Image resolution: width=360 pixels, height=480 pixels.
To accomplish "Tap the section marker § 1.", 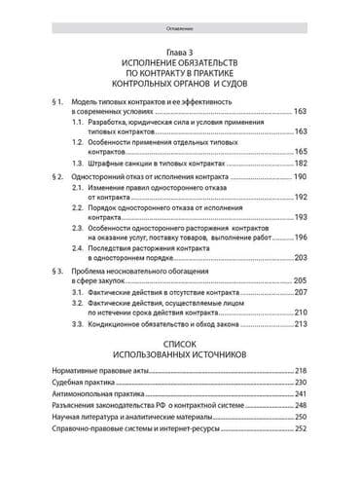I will point(56,102).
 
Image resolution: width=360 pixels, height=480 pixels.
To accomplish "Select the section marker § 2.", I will point(56,178).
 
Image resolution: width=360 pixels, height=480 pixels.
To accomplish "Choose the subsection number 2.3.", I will point(78,226).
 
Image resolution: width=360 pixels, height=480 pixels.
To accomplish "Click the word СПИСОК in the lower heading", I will point(179,345).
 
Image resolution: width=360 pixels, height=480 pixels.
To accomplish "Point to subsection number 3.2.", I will point(78,304).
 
